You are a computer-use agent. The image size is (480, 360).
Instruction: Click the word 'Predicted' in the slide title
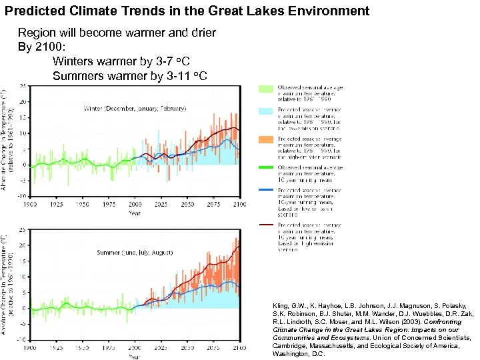[x=32, y=11]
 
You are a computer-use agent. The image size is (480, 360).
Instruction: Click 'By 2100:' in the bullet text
[x=41, y=47]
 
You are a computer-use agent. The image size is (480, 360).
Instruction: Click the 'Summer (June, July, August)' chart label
[x=134, y=253]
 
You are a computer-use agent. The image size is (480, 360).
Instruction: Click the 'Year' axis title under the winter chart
[x=135, y=213]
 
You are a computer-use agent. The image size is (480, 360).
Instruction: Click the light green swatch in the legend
[x=266, y=89]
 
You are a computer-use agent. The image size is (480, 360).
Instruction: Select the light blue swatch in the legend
[x=266, y=114]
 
